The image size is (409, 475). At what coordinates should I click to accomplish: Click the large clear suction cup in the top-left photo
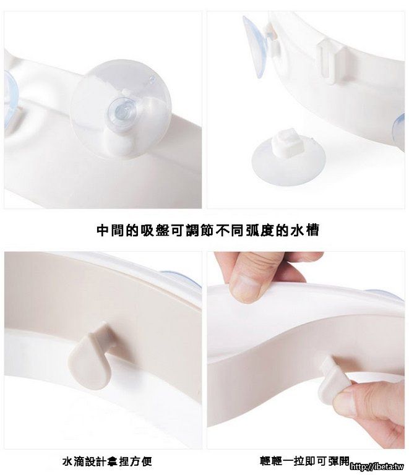[x=121, y=109]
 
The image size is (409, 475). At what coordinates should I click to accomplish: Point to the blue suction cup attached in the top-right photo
[x=256, y=46]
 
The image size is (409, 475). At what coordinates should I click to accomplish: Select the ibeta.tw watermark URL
[x=377, y=467]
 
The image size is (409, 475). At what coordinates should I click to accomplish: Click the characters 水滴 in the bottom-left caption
[x=73, y=461]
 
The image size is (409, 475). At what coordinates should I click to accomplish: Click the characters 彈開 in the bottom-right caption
[x=338, y=461]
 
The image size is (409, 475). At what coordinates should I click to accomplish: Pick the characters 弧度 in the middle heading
[x=259, y=231]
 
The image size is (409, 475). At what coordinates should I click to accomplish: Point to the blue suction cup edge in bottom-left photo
[x=181, y=279]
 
